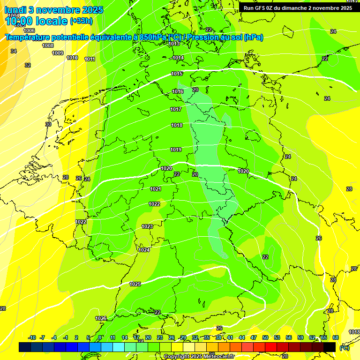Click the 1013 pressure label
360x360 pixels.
(174, 44)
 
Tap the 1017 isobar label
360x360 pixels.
(176, 109)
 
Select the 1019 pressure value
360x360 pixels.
(176, 150)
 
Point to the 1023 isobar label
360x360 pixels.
(147, 226)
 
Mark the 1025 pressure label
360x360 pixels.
(135, 284)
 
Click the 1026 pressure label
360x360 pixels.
(101, 318)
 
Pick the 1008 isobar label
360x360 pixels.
(48, 45)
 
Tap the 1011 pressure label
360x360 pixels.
(90, 59)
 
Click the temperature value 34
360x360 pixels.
(14, 51)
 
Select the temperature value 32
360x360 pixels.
(28, 65)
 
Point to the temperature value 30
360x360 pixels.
(48, 124)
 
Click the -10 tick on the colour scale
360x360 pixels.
(32, 337)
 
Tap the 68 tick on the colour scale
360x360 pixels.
(336, 337)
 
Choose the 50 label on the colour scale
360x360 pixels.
(265, 337)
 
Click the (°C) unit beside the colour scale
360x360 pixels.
(344, 347)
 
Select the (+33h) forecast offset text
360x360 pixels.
(81, 21)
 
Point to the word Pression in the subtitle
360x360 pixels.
(203, 37)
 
